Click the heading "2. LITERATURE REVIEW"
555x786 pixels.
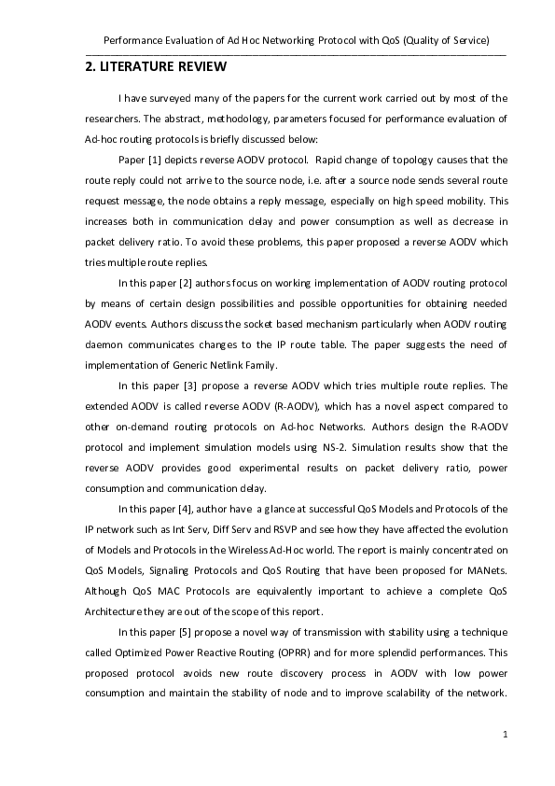tap(149, 68)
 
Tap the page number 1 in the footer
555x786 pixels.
tap(505, 736)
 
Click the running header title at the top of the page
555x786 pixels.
tap(297, 41)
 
